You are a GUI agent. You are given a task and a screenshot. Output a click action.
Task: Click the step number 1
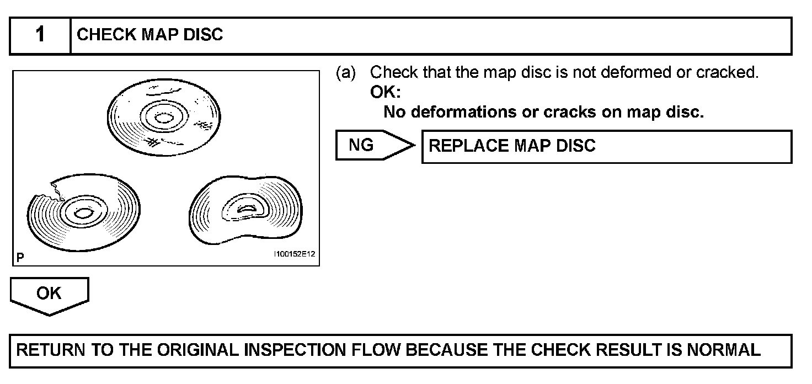click(40, 35)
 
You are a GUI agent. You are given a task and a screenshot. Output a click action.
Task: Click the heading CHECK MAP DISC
click(149, 35)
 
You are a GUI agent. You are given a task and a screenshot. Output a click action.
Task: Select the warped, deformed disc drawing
click(246, 210)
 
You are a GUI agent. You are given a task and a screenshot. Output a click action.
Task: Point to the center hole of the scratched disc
click(163, 117)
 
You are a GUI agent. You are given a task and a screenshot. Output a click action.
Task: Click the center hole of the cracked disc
click(83, 213)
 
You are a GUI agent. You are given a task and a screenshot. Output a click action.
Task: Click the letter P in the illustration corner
click(20, 257)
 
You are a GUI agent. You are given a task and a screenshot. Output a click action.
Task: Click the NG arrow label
click(362, 145)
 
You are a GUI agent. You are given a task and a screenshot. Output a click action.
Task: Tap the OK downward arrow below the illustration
click(49, 294)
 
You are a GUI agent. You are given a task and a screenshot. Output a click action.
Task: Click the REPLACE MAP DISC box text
click(512, 146)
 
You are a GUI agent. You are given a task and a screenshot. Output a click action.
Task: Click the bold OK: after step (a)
click(385, 93)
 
